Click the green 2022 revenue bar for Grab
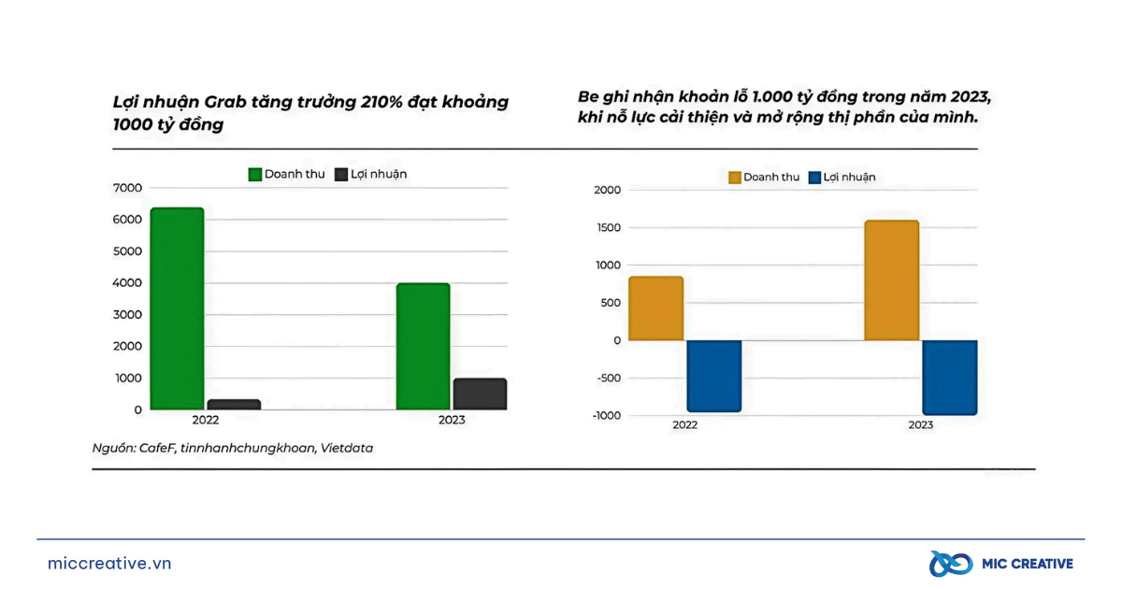pos(177,309)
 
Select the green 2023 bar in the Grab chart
pos(423,346)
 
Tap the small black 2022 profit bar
pos(234,405)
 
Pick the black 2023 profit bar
pos(480,394)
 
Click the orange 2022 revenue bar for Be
pos(655,309)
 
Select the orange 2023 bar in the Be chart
pos(891,280)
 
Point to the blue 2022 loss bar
pos(713,376)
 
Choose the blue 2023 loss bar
pos(949,378)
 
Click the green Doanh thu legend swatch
pos(254,175)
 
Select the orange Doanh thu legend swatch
pos(734,178)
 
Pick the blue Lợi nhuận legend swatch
pos(814,178)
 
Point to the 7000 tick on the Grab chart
pos(127,188)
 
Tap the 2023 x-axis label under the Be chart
pos(920,425)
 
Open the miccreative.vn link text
pos(109,564)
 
